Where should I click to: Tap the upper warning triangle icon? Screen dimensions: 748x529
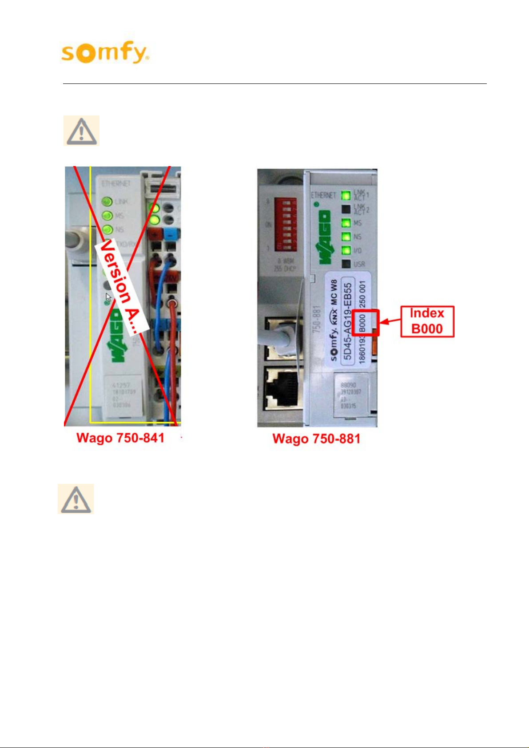pos(81,131)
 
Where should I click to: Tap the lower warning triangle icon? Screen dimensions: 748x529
pos(76,499)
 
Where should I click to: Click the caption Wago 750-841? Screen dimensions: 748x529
pos(120,438)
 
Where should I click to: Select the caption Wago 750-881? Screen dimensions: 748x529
pos(316,439)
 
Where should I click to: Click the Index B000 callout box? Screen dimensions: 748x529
pos(427,321)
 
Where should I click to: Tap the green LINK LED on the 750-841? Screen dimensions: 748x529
pos(107,202)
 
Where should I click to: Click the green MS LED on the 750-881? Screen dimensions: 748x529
pos(346,223)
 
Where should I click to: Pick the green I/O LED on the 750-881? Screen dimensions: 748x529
pos(346,250)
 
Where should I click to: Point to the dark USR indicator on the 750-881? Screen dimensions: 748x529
pos(346,264)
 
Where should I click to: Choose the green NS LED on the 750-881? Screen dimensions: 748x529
pos(346,237)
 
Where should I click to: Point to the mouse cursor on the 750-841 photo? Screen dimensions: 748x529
pos(108,297)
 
